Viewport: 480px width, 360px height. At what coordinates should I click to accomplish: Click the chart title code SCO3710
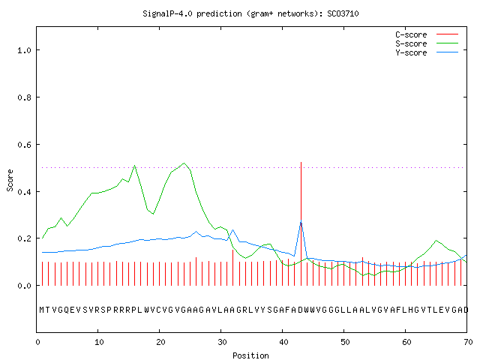pos(343,13)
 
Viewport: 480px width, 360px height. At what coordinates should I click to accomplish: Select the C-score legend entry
pos(427,34)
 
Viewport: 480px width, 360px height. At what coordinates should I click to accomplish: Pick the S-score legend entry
pos(427,43)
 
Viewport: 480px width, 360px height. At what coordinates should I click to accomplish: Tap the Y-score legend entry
pos(427,52)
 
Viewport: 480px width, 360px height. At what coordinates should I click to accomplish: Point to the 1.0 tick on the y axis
pos(24,50)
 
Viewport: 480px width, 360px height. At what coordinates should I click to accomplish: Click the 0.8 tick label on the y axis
pos(24,97)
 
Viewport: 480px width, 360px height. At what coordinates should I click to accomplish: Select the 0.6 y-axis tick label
pos(24,145)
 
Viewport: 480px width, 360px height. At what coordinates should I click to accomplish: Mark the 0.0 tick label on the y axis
pos(24,286)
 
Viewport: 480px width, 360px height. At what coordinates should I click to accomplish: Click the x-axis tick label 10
pos(99,342)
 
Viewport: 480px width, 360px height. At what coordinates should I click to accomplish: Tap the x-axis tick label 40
pos(283,342)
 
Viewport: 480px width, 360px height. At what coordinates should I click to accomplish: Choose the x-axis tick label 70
pos(468,342)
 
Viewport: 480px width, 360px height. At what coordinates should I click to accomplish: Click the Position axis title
pos(250,355)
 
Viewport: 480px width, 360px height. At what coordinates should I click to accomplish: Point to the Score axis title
pos(10,181)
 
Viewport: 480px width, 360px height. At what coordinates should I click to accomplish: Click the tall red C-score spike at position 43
pos(301,223)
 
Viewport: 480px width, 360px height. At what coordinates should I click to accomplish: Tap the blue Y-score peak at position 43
pos(301,220)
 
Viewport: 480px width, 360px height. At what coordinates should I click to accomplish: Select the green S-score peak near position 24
pos(184,163)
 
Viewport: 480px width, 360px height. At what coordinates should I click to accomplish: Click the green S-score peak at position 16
pos(135,166)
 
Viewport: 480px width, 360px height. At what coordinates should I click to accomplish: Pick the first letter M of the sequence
pos(42,310)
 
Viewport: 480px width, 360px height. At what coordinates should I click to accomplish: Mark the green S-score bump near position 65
pos(436,241)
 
